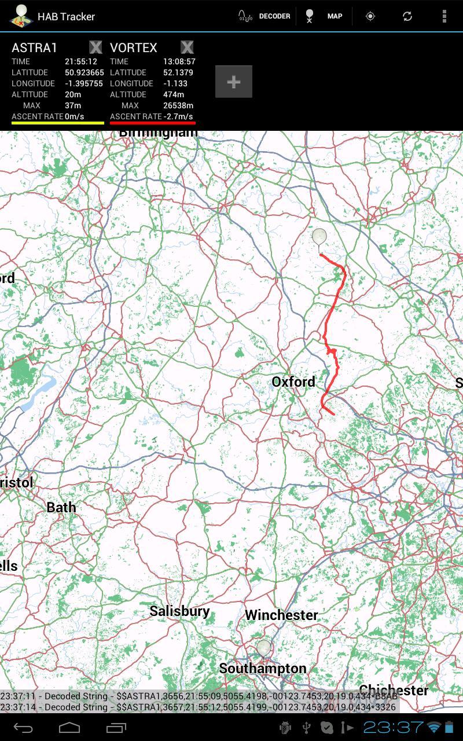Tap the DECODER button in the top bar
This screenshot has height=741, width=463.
[264, 16]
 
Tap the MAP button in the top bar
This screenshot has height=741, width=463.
[325, 16]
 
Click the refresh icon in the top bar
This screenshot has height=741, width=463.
[407, 16]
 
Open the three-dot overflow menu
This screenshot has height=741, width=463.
[444, 16]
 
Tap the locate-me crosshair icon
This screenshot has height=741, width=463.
[370, 16]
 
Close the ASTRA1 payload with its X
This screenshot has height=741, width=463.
[95, 47]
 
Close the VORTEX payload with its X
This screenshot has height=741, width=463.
[187, 47]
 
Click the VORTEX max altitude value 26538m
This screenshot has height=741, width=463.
[178, 105]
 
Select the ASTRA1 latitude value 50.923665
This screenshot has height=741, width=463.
[84, 72]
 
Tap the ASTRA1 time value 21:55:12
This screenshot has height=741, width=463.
[81, 61]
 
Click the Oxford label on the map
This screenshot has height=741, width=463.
[293, 381]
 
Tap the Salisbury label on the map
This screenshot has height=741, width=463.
[179, 611]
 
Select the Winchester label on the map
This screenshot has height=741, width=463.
[281, 615]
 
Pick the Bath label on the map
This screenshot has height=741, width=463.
[61, 507]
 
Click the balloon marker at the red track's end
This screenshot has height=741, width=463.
[319, 237]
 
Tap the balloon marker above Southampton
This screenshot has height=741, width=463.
[264, 648]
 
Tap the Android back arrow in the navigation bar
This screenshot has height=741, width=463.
[23, 728]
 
